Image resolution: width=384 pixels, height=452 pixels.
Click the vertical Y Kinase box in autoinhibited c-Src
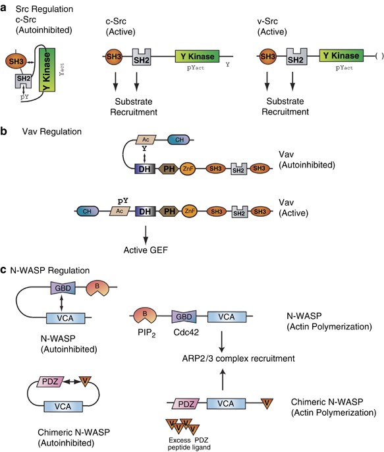47,70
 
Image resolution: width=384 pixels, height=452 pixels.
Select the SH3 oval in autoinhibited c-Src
16,61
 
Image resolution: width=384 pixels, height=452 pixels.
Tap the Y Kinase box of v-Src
341,55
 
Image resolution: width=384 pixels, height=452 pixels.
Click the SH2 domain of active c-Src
142,57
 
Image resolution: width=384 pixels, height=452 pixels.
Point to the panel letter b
4,132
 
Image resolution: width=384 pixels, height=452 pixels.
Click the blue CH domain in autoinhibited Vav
178,140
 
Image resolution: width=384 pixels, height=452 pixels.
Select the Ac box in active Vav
120,212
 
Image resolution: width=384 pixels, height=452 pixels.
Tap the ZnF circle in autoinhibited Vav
188,169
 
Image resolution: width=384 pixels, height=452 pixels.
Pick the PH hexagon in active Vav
169,212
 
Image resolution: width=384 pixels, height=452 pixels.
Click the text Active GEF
146,250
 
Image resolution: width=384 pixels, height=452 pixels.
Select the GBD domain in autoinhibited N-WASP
63,288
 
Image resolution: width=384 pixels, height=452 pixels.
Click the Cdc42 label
186,332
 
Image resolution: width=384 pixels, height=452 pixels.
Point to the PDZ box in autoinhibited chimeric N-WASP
50,382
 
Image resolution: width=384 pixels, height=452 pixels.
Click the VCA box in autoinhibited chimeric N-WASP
63,407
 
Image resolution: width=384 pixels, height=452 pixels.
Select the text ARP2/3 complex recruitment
238,358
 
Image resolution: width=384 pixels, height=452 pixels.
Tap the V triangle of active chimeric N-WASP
267,403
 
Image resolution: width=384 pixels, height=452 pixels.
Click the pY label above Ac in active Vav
123,201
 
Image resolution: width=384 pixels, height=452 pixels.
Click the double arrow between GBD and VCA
61,303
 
